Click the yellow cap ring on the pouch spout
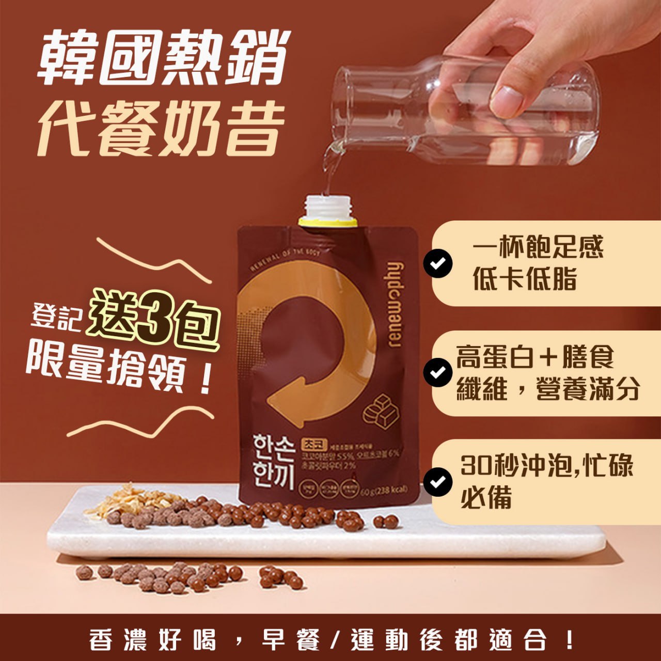click(x=327, y=223)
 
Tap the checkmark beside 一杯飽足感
click(x=437, y=263)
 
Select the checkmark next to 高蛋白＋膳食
click(x=437, y=372)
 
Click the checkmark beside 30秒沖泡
click(x=437, y=481)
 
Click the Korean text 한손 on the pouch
click(x=274, y=447)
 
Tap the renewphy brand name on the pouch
click(x=394, y=305)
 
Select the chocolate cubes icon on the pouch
click(x=381, y=411)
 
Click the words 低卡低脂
click(x=524, y=280)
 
